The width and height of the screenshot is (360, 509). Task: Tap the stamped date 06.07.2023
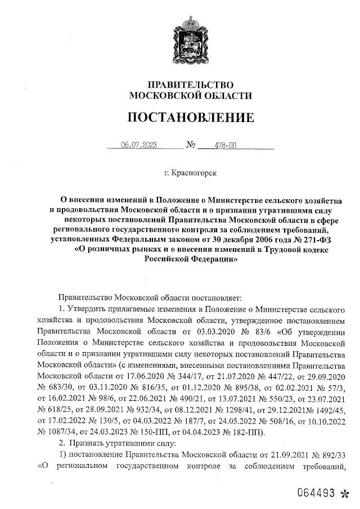click(x=138, y=145)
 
